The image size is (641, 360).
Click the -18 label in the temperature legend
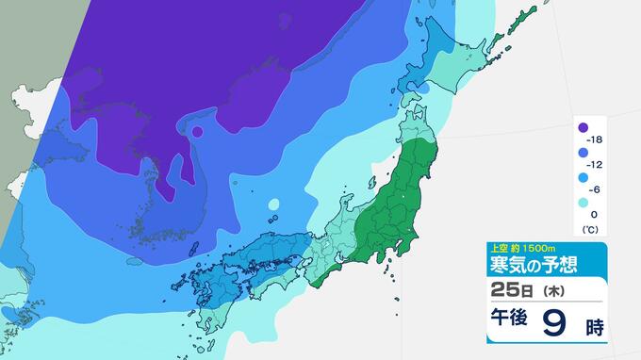[598, 139]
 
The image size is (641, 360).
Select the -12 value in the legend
[598, 161]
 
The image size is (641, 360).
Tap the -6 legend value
[599, 183]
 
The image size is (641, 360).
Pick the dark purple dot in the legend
[583, 128]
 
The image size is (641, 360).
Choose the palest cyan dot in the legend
[583, 202]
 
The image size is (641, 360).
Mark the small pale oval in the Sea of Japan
[273, 204]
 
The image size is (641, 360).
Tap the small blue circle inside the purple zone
[198, 130]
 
